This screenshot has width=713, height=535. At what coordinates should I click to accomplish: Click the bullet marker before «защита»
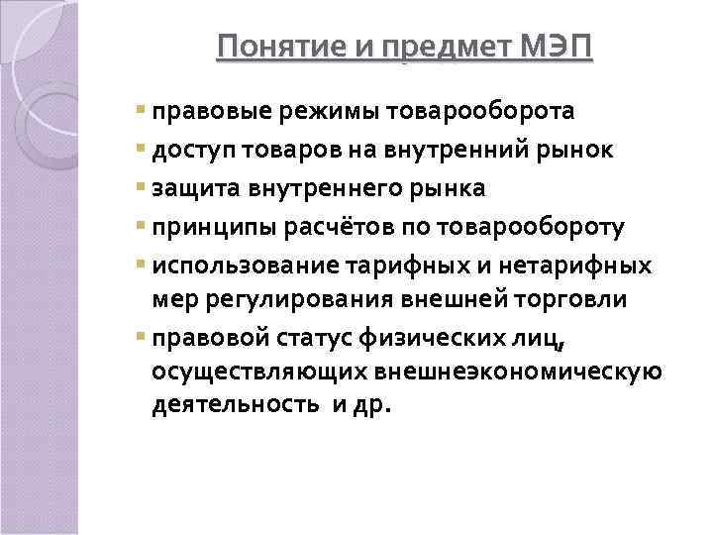coord(144,188)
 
